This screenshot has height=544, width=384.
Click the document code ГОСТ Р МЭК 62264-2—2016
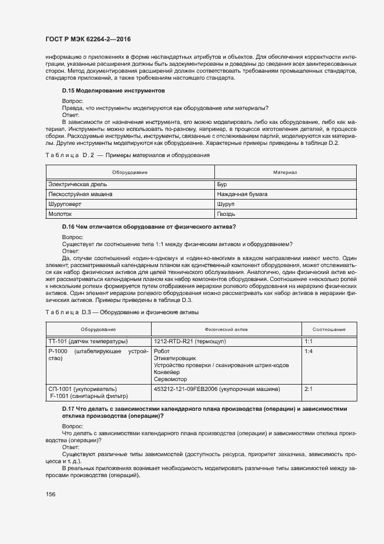pos(87,39)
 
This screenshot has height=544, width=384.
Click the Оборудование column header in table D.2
pos(130,173)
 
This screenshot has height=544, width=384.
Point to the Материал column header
pos(285,173)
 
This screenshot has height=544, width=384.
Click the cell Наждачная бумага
pos(242,194)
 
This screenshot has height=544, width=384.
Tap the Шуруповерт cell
pos(64,204)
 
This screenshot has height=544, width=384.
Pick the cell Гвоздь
pos(227,215)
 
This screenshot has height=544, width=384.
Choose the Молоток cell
pos(61,215)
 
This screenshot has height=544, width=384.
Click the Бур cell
pos(222,184)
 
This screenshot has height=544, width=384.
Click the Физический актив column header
pos(227,329)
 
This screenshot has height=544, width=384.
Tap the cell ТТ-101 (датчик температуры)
pos(87,342)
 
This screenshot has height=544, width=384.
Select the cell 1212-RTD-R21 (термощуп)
pos(189,342)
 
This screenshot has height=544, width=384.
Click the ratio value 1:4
pos(308,352)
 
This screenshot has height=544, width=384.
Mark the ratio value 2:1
pos(308,388)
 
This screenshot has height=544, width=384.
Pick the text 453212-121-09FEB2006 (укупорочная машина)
pos(217,388)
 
